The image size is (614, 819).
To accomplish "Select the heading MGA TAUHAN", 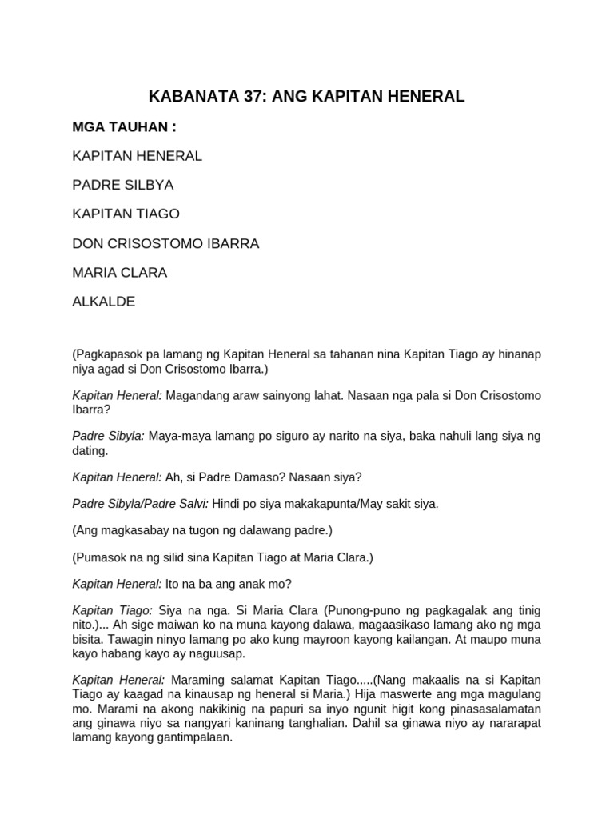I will tap(124, 126).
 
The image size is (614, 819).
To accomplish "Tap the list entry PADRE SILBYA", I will tap(122, 185).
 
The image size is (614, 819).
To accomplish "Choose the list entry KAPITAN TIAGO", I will tap(126, 214).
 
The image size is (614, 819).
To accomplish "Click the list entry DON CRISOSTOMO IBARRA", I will tap(165, 243).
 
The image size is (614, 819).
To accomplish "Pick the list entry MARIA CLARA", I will tap(119, 272).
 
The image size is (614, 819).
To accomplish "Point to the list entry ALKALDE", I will tap(104, 302).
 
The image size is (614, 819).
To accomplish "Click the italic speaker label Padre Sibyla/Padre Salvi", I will tap(140, 504).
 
